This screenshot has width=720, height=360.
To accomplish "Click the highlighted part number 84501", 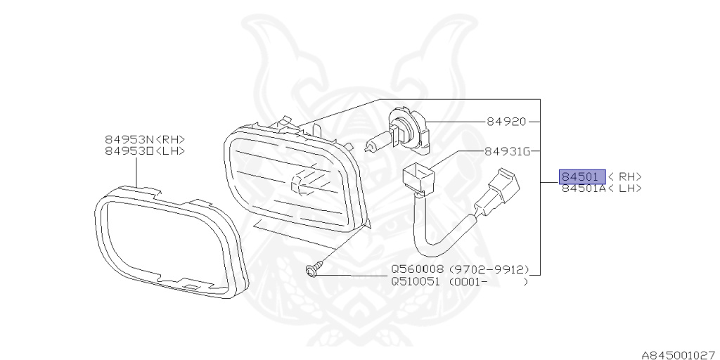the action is tap(577, 176).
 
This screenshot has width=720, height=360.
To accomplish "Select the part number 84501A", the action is tap(581, 188).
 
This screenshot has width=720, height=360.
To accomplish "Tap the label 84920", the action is tap(506, 122).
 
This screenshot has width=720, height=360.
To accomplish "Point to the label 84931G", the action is tap(507, 151).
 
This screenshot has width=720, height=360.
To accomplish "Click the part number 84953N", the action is tap(129, 140).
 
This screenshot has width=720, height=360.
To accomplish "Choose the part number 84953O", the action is tap(129, 150).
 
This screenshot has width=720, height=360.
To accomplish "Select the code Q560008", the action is tap(418, 269).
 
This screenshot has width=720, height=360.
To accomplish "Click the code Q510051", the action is tap(418, 281).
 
